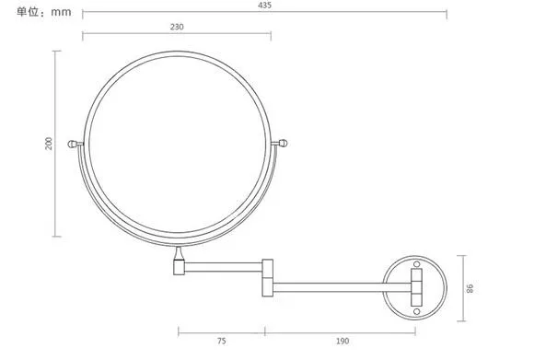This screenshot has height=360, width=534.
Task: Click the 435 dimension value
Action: tap(264, 6)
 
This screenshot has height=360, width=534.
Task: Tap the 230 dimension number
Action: tap(177, 27)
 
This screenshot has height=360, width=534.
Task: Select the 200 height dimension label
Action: tap(49, 144)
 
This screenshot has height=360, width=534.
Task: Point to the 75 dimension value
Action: tap(221, 341)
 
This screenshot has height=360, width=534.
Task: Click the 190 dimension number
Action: tap(342, 341)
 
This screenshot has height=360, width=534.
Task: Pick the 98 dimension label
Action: tap(470, 288)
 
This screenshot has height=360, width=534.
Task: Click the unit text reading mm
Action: tap(61, 13)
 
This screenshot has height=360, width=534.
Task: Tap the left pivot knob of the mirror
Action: tap(73, 144)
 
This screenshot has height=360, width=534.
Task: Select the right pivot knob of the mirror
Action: tap(283, 144)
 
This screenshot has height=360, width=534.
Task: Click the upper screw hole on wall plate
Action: tap(416, 264)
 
